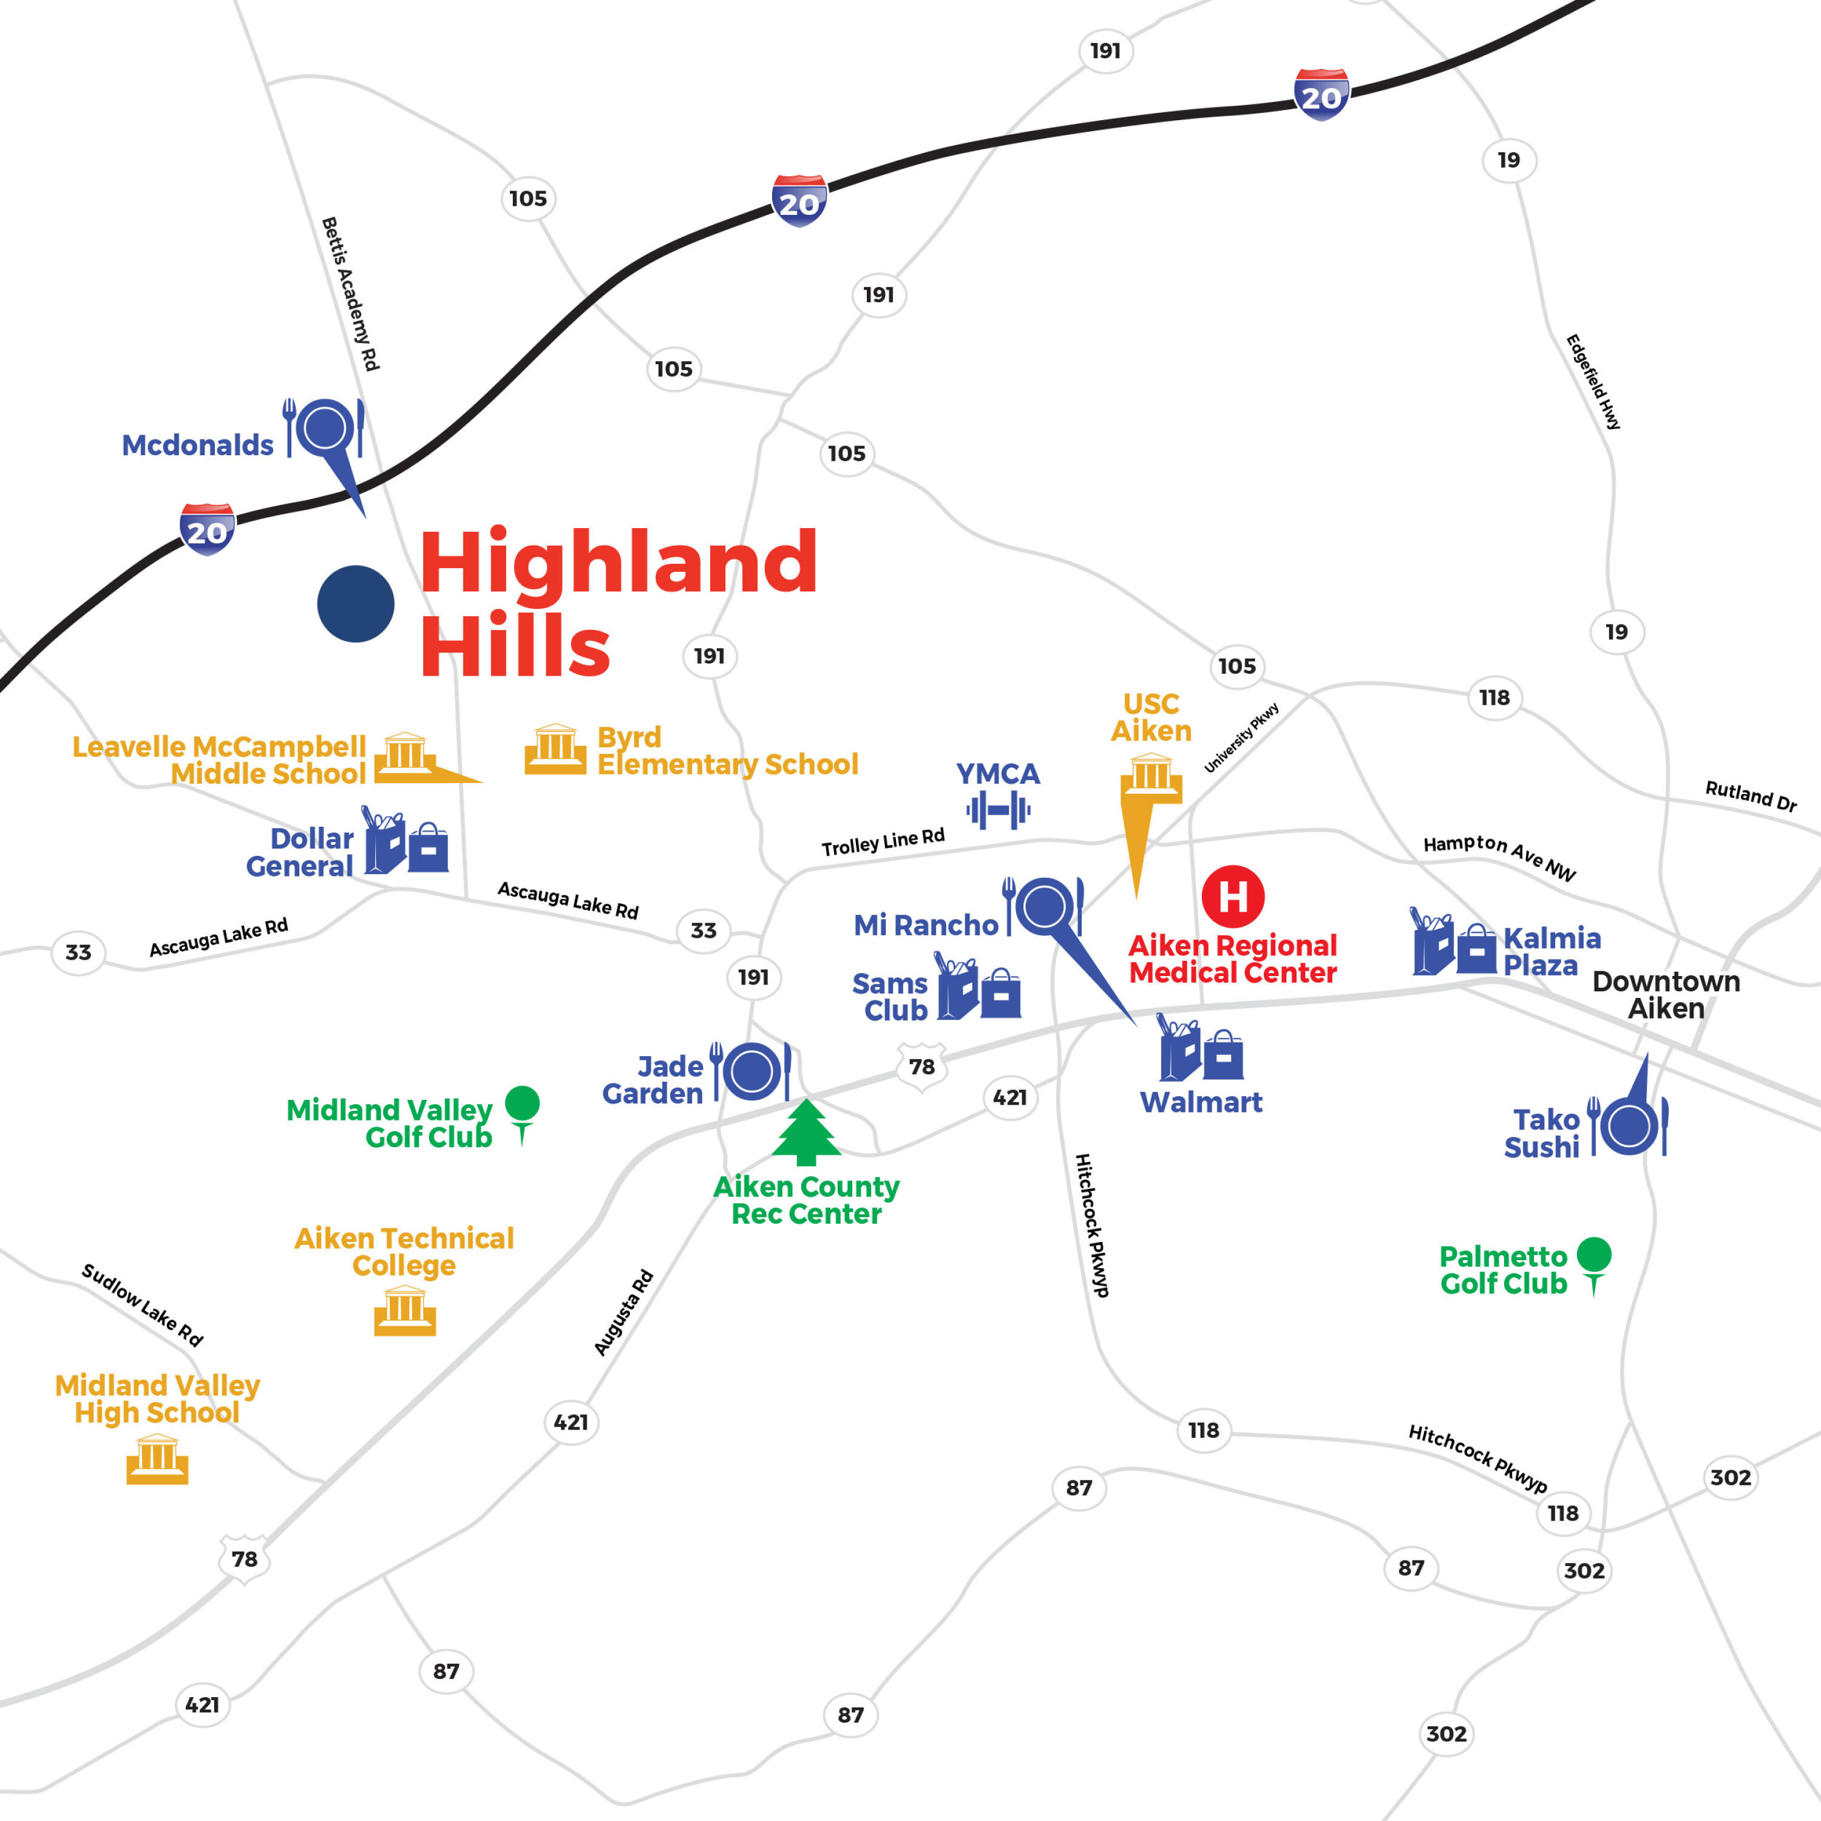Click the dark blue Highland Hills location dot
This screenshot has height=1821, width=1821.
(355, 604)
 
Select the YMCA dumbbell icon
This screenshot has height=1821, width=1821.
(998, 810)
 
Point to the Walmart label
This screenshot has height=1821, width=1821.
(1201, 1102)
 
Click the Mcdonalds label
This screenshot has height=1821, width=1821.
(198, 445)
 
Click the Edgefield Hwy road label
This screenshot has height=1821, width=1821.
(1593, 382)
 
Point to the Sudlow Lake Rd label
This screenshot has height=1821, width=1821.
(142, 1304)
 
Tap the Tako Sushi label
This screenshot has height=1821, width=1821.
(1542, 1133)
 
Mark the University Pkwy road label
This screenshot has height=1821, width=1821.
(1241, 738)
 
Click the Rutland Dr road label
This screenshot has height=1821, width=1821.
(1751, 796)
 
